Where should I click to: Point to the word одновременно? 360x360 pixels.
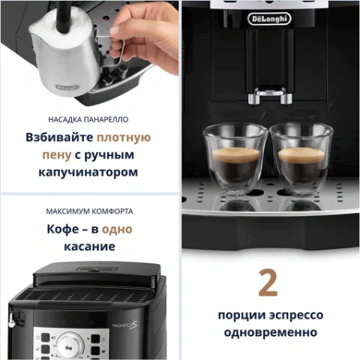[x=269, y=332]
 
